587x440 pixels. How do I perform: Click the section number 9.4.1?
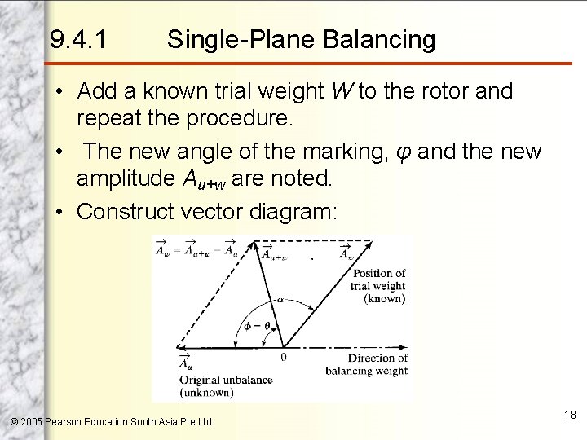(77, 38)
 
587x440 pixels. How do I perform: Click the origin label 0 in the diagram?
(283, 357)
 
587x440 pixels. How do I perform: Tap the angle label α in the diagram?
(278, 300)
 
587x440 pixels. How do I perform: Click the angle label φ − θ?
(255, 326)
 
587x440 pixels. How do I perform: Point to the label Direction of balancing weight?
(377, 364)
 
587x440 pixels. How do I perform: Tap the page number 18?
(570, 415)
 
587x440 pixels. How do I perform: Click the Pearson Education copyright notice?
(112, 421)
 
